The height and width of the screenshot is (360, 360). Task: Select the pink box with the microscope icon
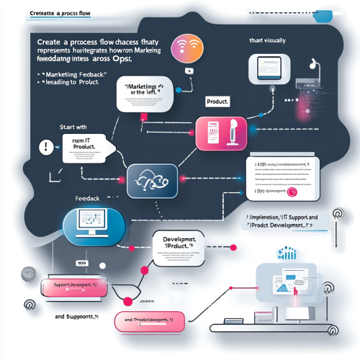coord(221,134)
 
